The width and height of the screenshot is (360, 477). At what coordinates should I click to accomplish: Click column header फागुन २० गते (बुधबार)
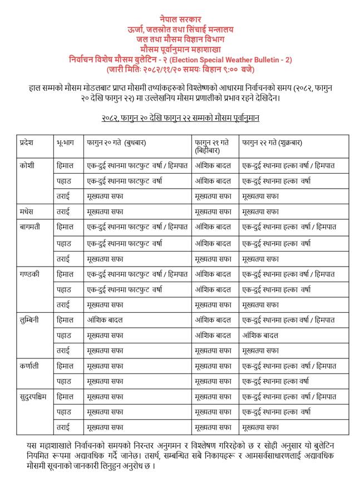pos(116,142)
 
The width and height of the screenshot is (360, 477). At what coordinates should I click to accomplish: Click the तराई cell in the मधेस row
pos(63,212)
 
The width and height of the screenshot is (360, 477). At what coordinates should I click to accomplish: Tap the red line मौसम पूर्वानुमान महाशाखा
pos(180,50)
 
